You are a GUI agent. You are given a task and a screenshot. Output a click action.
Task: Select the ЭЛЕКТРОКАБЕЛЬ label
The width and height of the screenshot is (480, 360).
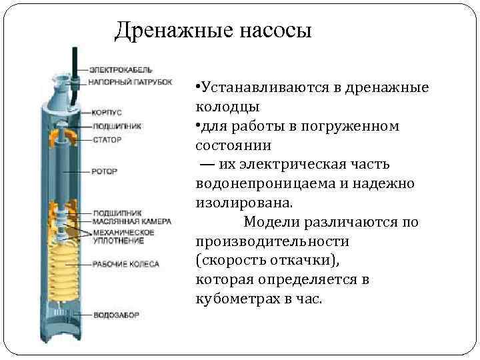(121, 70)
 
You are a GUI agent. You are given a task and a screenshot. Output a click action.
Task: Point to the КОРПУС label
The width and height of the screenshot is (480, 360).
(106, 113)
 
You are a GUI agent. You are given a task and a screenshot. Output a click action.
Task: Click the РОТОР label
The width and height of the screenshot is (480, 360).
(105, 171)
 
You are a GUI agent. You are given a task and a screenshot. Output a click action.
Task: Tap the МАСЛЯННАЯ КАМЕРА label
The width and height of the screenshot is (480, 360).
(131, 222)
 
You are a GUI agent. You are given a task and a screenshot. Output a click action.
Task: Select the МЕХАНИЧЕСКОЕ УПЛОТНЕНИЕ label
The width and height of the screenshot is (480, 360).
(123, 236)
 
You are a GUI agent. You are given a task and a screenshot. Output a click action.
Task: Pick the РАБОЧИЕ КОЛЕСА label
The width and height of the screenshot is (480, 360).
(125, 264)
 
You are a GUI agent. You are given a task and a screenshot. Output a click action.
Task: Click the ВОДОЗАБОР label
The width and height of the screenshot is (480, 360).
(115, 314)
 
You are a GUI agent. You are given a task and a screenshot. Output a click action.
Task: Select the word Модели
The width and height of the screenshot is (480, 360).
(270, 221)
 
